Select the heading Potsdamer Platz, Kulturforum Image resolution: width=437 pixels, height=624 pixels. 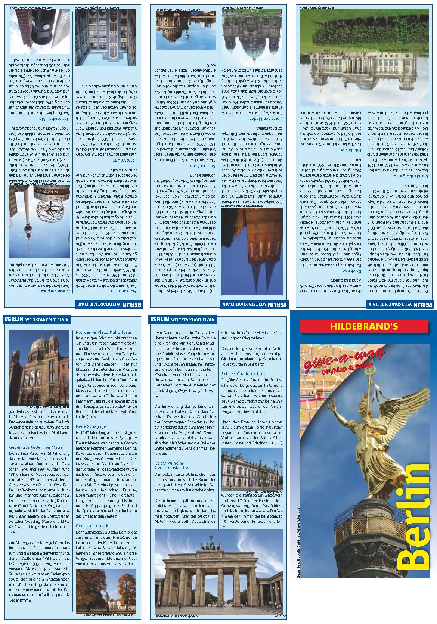pos(105,332)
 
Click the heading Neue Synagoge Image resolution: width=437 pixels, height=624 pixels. pos(91,426)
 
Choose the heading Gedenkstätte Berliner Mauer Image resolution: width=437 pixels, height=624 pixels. pos(37,447)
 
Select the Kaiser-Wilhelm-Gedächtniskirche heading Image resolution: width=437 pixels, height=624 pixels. pos(171,465)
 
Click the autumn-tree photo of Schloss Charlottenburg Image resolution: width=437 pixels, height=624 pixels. pos(105,594)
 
